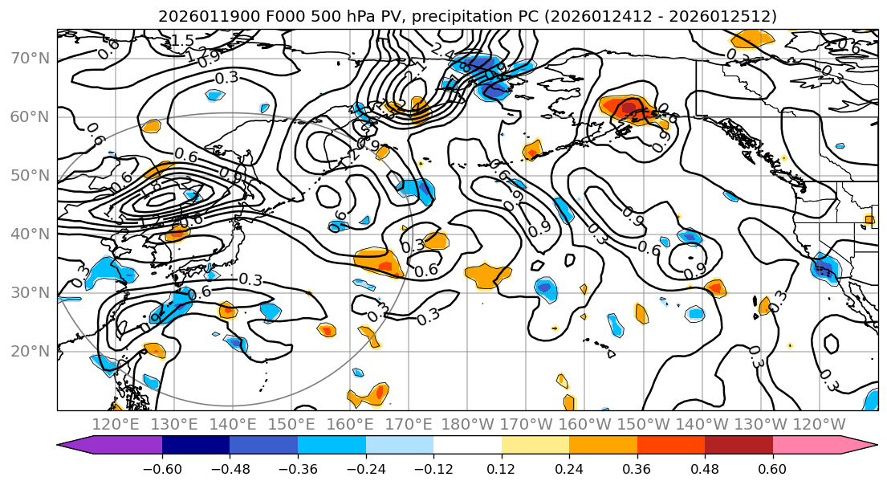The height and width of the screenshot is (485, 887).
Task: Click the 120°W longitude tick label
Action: coord(818,424)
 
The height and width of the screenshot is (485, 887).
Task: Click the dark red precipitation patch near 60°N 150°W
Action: coord(630,106)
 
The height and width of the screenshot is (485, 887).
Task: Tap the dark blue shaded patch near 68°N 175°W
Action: coord(483,65)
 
